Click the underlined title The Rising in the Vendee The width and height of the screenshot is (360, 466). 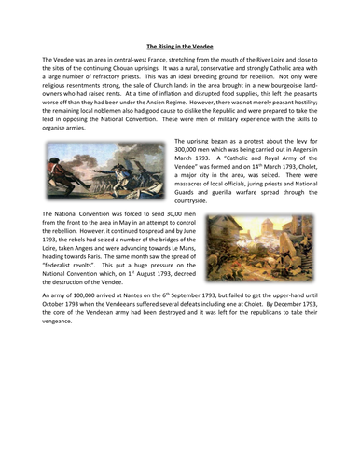[x=180, y=43]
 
